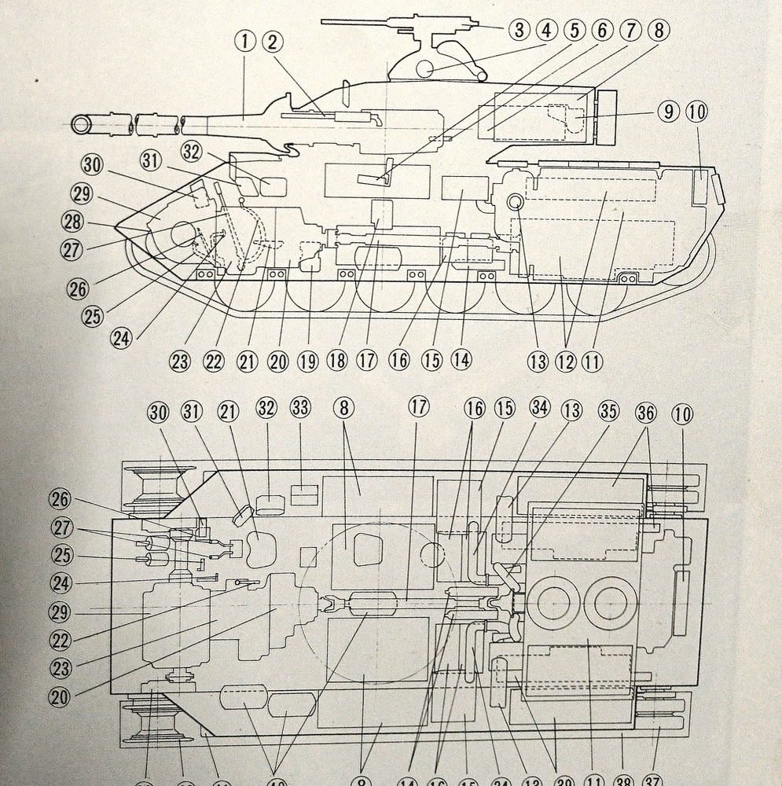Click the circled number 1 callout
click(x=246, y=41)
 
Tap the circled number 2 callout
click(x=272, y=41)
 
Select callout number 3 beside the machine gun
click(x=519, y=31)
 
